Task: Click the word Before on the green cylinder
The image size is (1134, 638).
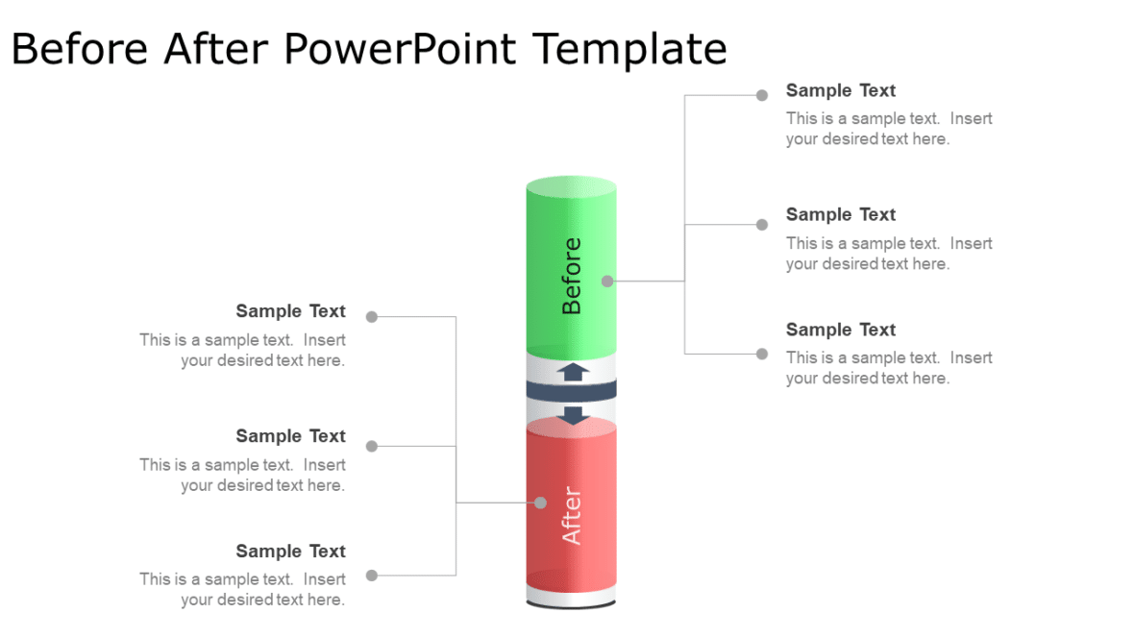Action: click(572, 276)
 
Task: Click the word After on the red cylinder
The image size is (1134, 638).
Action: click(572, 516)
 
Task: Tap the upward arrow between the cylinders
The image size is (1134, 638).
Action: click(574, 371)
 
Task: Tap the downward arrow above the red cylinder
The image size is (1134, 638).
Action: click(574, 415)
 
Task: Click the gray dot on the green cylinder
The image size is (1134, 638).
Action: click(607, 282)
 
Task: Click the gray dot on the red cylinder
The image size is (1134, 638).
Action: click(540, 503)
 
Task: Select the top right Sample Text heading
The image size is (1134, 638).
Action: click(840, 90)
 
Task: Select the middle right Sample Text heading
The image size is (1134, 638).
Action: click(840, 214)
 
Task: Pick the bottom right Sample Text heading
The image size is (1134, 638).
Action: click(840, 330)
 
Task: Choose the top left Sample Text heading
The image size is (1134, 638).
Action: click(290, 311)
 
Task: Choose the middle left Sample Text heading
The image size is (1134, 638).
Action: click(290, 436)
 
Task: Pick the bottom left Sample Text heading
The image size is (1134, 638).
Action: click(290, 552)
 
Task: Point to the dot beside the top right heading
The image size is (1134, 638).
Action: click(762, 95)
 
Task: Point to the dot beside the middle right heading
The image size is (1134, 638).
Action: click(762, 225)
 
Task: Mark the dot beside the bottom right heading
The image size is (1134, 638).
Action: click(762, 354)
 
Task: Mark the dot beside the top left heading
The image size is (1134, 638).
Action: click(372, 317)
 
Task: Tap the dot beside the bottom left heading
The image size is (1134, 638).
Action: click(372, 576)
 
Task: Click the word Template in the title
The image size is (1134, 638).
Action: click(629, 48)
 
